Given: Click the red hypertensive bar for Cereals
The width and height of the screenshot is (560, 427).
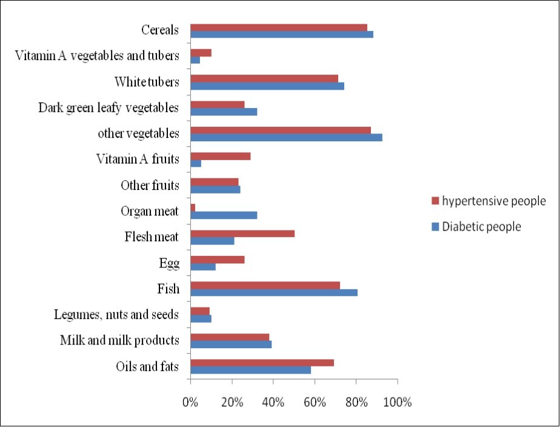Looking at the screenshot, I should pos(279,27).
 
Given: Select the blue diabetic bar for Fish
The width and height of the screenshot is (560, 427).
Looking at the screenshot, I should pos(274,292).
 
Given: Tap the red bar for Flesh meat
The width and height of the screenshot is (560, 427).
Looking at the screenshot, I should pos(242,234).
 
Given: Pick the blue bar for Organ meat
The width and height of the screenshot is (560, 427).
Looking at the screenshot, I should pos(224,215).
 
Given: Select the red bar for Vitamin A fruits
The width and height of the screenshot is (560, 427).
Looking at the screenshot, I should pos(221,156).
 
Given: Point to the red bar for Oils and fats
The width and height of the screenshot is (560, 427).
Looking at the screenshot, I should pos(262,363).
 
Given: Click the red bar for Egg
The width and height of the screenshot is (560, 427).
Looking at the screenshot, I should pos(218,260).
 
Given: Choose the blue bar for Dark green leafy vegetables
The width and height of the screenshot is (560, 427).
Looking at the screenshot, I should pos(224,112).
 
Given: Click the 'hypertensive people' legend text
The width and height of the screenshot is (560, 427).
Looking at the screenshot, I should pos(494,201).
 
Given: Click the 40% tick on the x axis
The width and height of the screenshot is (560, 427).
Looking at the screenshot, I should pos(273,402).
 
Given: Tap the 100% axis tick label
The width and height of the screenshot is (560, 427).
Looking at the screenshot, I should pos(397,402).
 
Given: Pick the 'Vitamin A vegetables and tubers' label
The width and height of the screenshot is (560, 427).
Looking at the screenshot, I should pos(97,56).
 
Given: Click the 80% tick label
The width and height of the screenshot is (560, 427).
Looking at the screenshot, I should pos(356,402).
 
